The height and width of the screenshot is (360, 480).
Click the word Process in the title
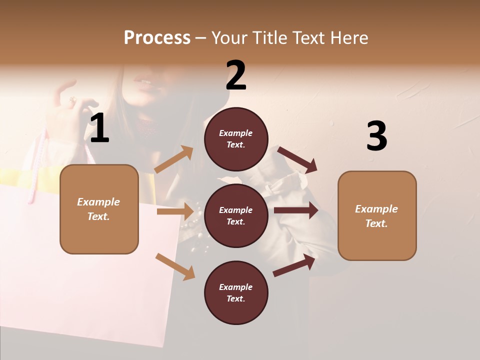pyautogui.click(x=157, y=38)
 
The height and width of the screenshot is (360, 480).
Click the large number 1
pyautogui.click(x=99, y=128)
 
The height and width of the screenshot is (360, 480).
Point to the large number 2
pyautogui.click(x=236, y=75)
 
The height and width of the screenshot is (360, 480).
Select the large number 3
pyautogui.click(x=376, y=136)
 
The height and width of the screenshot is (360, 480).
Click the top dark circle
pyautogui.click(x=236, y=139)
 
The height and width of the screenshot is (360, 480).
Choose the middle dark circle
pyautogui.click(x=236, y=215)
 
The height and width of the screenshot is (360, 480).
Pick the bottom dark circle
pyautogui.click(x=236, y=292)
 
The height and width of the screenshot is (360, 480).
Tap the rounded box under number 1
pyautogui.click(x=99, y=209)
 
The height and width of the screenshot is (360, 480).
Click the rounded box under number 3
pyautogui.click(x=377, y=216)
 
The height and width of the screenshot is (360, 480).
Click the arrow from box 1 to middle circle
pyautogui.click(x=175, y=211)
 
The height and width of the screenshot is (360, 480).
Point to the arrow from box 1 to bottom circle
pyautogui.click(x=175, y=266)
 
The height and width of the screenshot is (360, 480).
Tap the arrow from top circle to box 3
pyautogui.click(x=297, y=159)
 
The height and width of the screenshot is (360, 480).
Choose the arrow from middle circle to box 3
pyautogui.click(x=295, y=210)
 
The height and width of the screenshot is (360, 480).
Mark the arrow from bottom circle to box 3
pyautogui.click(x=294, y=265)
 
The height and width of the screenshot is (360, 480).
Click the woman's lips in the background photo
pyautogui.click(x=144, y=82)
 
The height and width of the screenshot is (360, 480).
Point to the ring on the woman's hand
pyautogui.click(x=72, y=101)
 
